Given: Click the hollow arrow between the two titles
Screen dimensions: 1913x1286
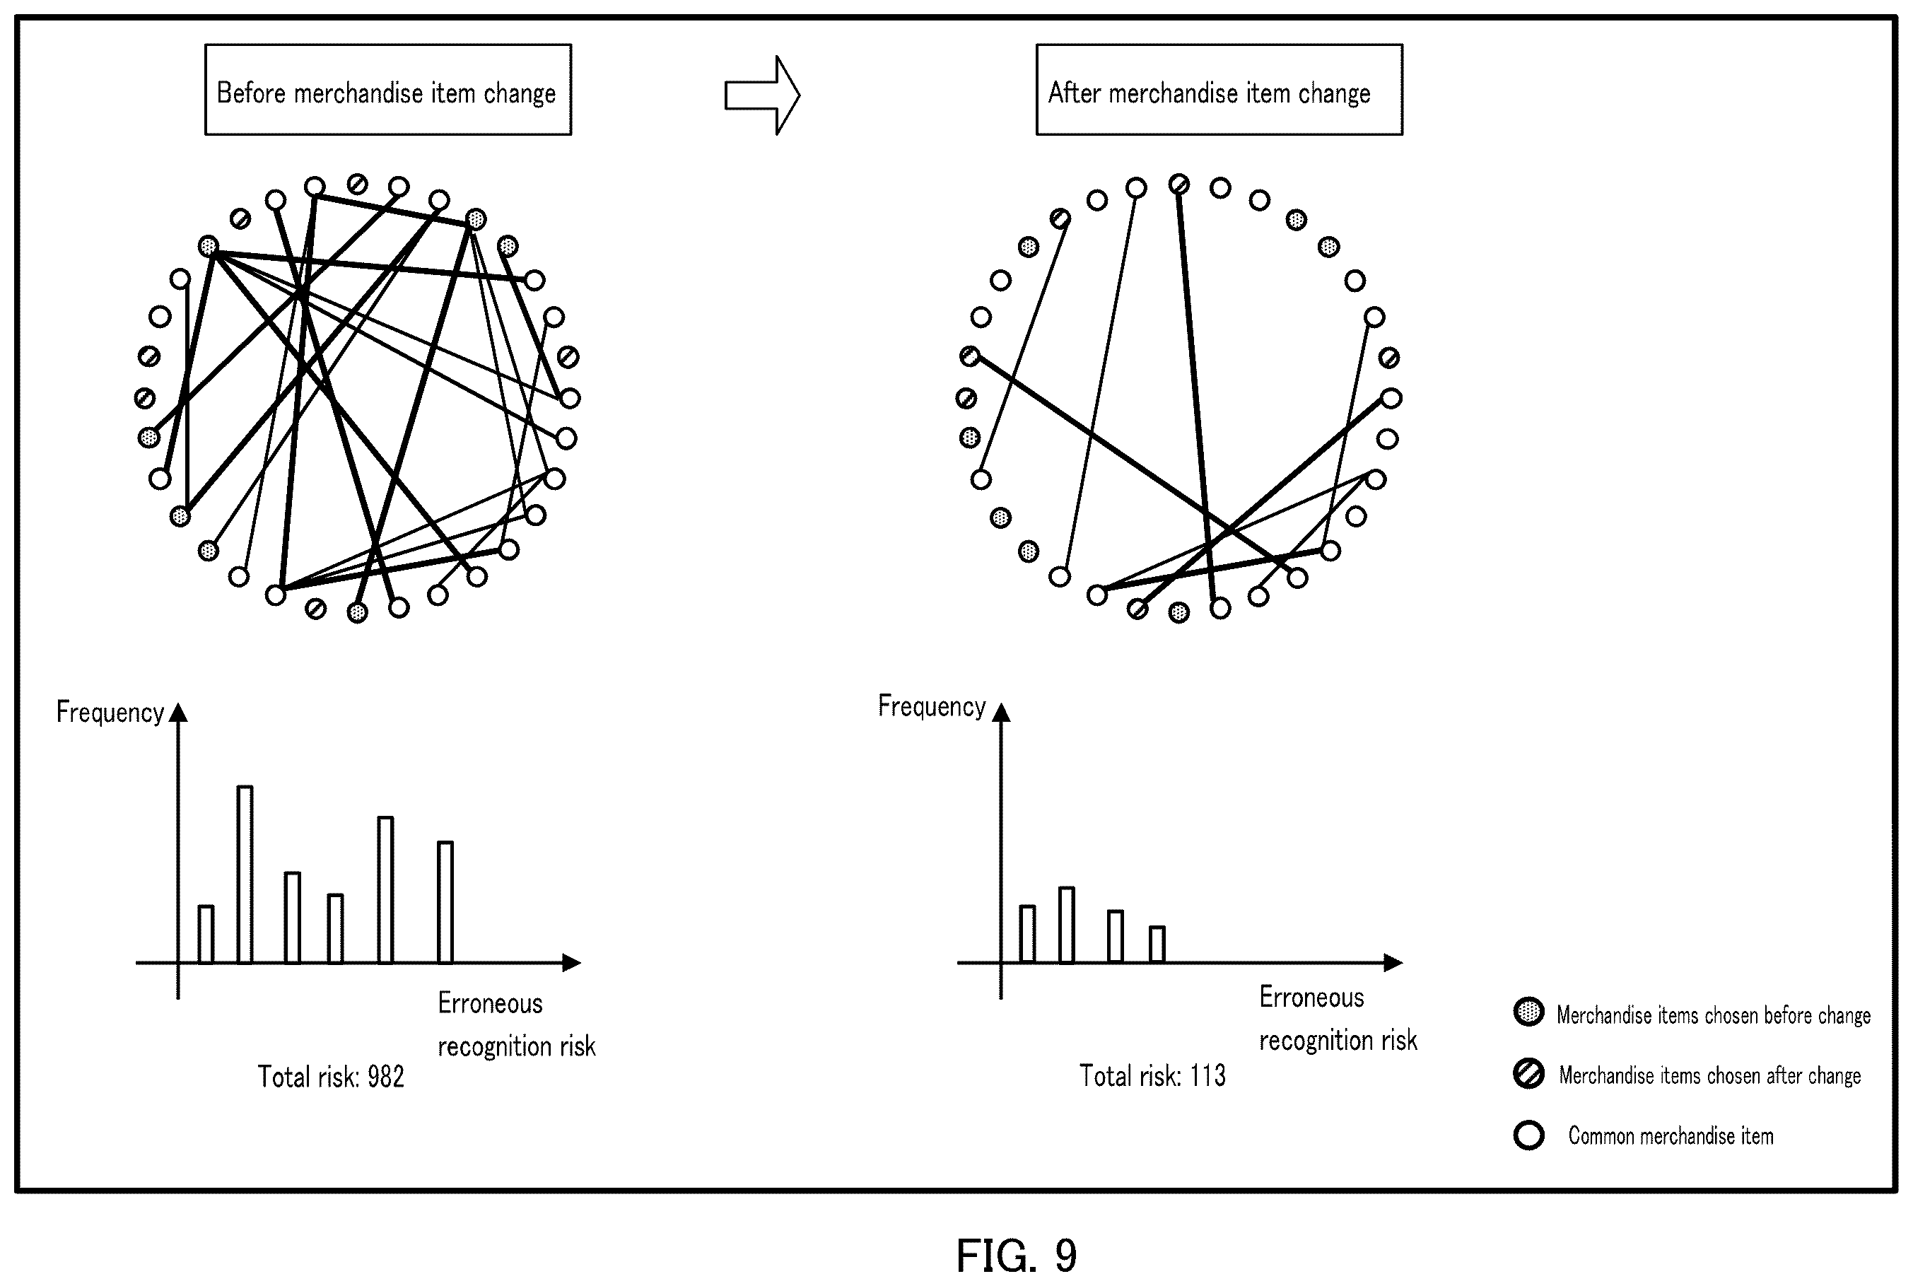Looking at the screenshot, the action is [762, 95].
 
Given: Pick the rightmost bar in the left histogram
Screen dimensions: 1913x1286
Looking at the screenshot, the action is [445, 901].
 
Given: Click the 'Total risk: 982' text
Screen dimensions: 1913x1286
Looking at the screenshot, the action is [332, 1076].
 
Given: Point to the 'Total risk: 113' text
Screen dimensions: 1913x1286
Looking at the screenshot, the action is [1152, 1075].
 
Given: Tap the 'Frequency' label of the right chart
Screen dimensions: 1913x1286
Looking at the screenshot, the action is [932, 706].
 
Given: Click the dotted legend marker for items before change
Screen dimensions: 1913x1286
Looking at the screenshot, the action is [1528, 1012].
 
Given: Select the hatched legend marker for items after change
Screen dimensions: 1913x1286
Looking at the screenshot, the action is [1528, 1074].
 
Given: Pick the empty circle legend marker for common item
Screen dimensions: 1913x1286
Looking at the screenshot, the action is [1528, 1135].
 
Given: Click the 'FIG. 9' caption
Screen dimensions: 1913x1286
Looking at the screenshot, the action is [1016, 1256].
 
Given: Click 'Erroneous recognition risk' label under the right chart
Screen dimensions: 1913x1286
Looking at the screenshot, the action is [1338, 1019].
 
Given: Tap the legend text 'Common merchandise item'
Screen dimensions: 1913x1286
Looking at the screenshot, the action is [1671, 1136].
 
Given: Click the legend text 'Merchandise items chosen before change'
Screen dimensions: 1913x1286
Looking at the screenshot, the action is [1714, 1015].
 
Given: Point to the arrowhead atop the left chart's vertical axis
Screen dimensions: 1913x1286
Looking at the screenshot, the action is [178, 712].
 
